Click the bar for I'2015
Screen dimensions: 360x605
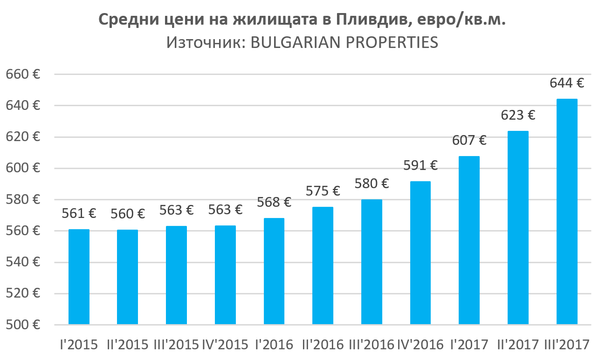[79, 277]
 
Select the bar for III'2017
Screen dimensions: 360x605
[567, 211]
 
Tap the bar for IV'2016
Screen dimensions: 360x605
[420, 252]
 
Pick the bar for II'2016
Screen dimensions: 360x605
[323, 265]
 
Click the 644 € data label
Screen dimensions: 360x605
[567, 83]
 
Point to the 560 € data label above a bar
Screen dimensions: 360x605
[128, 214]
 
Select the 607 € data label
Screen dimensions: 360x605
[469, 140]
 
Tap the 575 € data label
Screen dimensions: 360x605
[323, 191]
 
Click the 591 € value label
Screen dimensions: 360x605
[420, 165]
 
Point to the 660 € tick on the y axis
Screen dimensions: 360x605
[23, 74]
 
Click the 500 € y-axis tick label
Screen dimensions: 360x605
[23, 325]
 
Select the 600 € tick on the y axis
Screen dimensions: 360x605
[23, 168]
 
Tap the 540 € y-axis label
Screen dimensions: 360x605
[23, 262]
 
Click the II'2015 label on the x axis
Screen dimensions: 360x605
[128, 345]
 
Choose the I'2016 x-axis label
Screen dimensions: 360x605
[274, 345]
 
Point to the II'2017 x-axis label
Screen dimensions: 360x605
[518, 345]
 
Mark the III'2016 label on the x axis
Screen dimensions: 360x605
[371, 345]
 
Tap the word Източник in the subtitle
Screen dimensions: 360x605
[203, 42]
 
